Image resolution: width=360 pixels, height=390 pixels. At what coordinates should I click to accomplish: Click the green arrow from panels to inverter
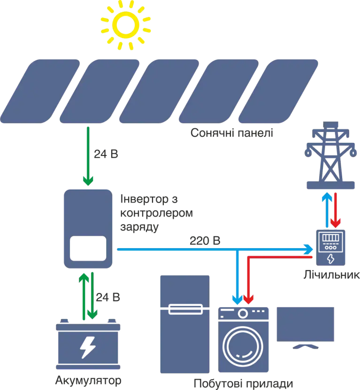coord(87,155)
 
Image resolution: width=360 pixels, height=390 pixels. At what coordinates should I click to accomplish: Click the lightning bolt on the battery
coord(87,347)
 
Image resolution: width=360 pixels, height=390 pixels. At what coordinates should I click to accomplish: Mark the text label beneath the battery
coord(87,381)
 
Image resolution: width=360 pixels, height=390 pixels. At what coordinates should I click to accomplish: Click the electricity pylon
coord(331,155)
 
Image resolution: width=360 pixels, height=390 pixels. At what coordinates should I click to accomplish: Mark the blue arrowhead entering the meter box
coord(309,249)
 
